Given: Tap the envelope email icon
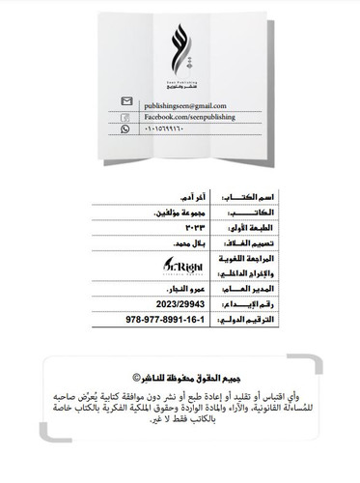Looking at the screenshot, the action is tap(125, 101).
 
